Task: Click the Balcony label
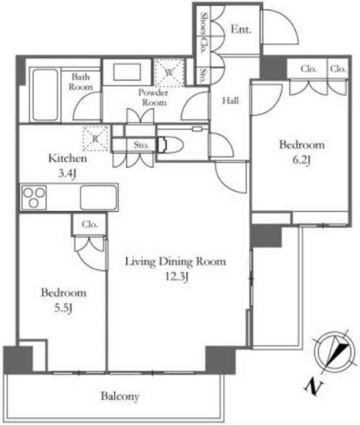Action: [120, 396]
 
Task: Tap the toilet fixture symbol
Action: [170, 145]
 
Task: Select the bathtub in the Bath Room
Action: [45, 94]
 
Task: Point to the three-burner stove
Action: [34, 197]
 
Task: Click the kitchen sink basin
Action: [99, 197]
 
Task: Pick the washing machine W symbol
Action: [169, 73]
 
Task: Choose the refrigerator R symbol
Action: [96, 139]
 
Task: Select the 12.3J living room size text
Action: [176, 277]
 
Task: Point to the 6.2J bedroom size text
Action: [302, 160]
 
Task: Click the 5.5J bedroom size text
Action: [63, 308]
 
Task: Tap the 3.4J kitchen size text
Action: [67, 174]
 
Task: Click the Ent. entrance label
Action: [241, 30]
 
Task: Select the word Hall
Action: [230, 100]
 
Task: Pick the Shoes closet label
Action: [204, 23]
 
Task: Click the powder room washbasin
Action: [127, 72]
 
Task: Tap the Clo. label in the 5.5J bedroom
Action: [90, 225]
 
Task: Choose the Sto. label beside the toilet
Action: [141, 145]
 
